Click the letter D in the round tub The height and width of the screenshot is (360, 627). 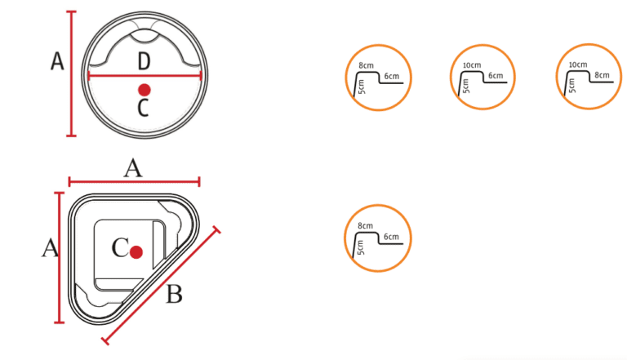(x=144, y=61)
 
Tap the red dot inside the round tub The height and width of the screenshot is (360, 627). (x=145, y=90)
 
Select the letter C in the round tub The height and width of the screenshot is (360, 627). (x=143, y=108)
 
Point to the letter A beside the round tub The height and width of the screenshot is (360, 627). (x=57, y=61)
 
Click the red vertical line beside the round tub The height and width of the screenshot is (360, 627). (x=72, y=73)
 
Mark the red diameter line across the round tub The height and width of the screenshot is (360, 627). (x=145, y=75)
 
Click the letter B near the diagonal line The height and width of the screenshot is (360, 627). (x=174, y=294)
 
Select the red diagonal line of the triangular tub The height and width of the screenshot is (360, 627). (x=161, y=285)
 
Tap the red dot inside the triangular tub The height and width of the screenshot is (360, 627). (x=136, y=252)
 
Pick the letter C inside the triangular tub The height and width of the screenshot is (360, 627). (x=120, y=247)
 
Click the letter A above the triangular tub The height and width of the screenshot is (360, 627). (x=133, y=168)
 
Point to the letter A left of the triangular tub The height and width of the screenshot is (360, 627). (x=50, y=247)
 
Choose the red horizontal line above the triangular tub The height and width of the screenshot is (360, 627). (x=135, y=182)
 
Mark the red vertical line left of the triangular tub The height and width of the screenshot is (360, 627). (x=60, y=258)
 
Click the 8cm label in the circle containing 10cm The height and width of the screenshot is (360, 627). (x=602, y=75)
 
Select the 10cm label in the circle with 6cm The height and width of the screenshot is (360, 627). (x=472, y=65)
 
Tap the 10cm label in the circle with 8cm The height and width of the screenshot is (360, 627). (x=578, y=64)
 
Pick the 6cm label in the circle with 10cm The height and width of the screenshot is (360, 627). (x=496, y=76)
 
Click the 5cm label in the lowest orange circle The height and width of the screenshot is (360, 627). (x=360, y=247)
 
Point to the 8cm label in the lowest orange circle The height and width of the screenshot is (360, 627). (x=365, y=226)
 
